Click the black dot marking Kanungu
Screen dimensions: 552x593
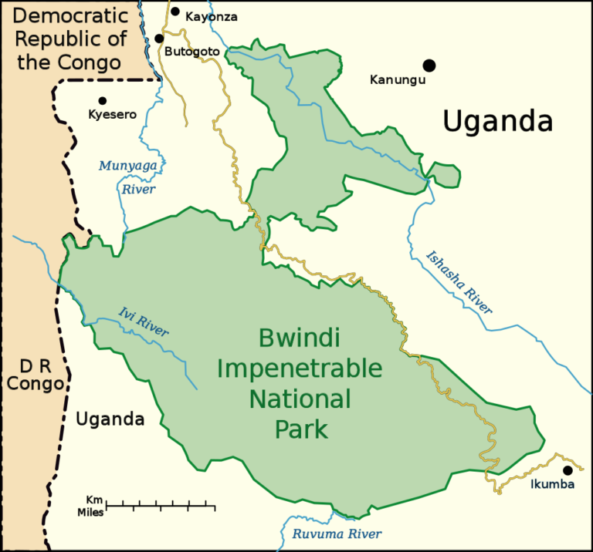coord(429,66)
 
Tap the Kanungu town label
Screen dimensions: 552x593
coord(398,79)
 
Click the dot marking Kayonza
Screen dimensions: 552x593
coord(175,12)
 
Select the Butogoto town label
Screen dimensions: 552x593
coord(192,52)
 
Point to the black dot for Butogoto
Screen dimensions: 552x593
coord(159,39)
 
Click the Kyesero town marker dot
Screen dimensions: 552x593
coord(102,100)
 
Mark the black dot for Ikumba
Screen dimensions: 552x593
coord(568,470)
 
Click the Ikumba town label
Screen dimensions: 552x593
coord(552,485)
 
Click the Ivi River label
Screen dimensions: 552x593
coord(144,321)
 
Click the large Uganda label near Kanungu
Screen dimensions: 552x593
coord(498,121)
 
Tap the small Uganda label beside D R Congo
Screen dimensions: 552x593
coord(110,419)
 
